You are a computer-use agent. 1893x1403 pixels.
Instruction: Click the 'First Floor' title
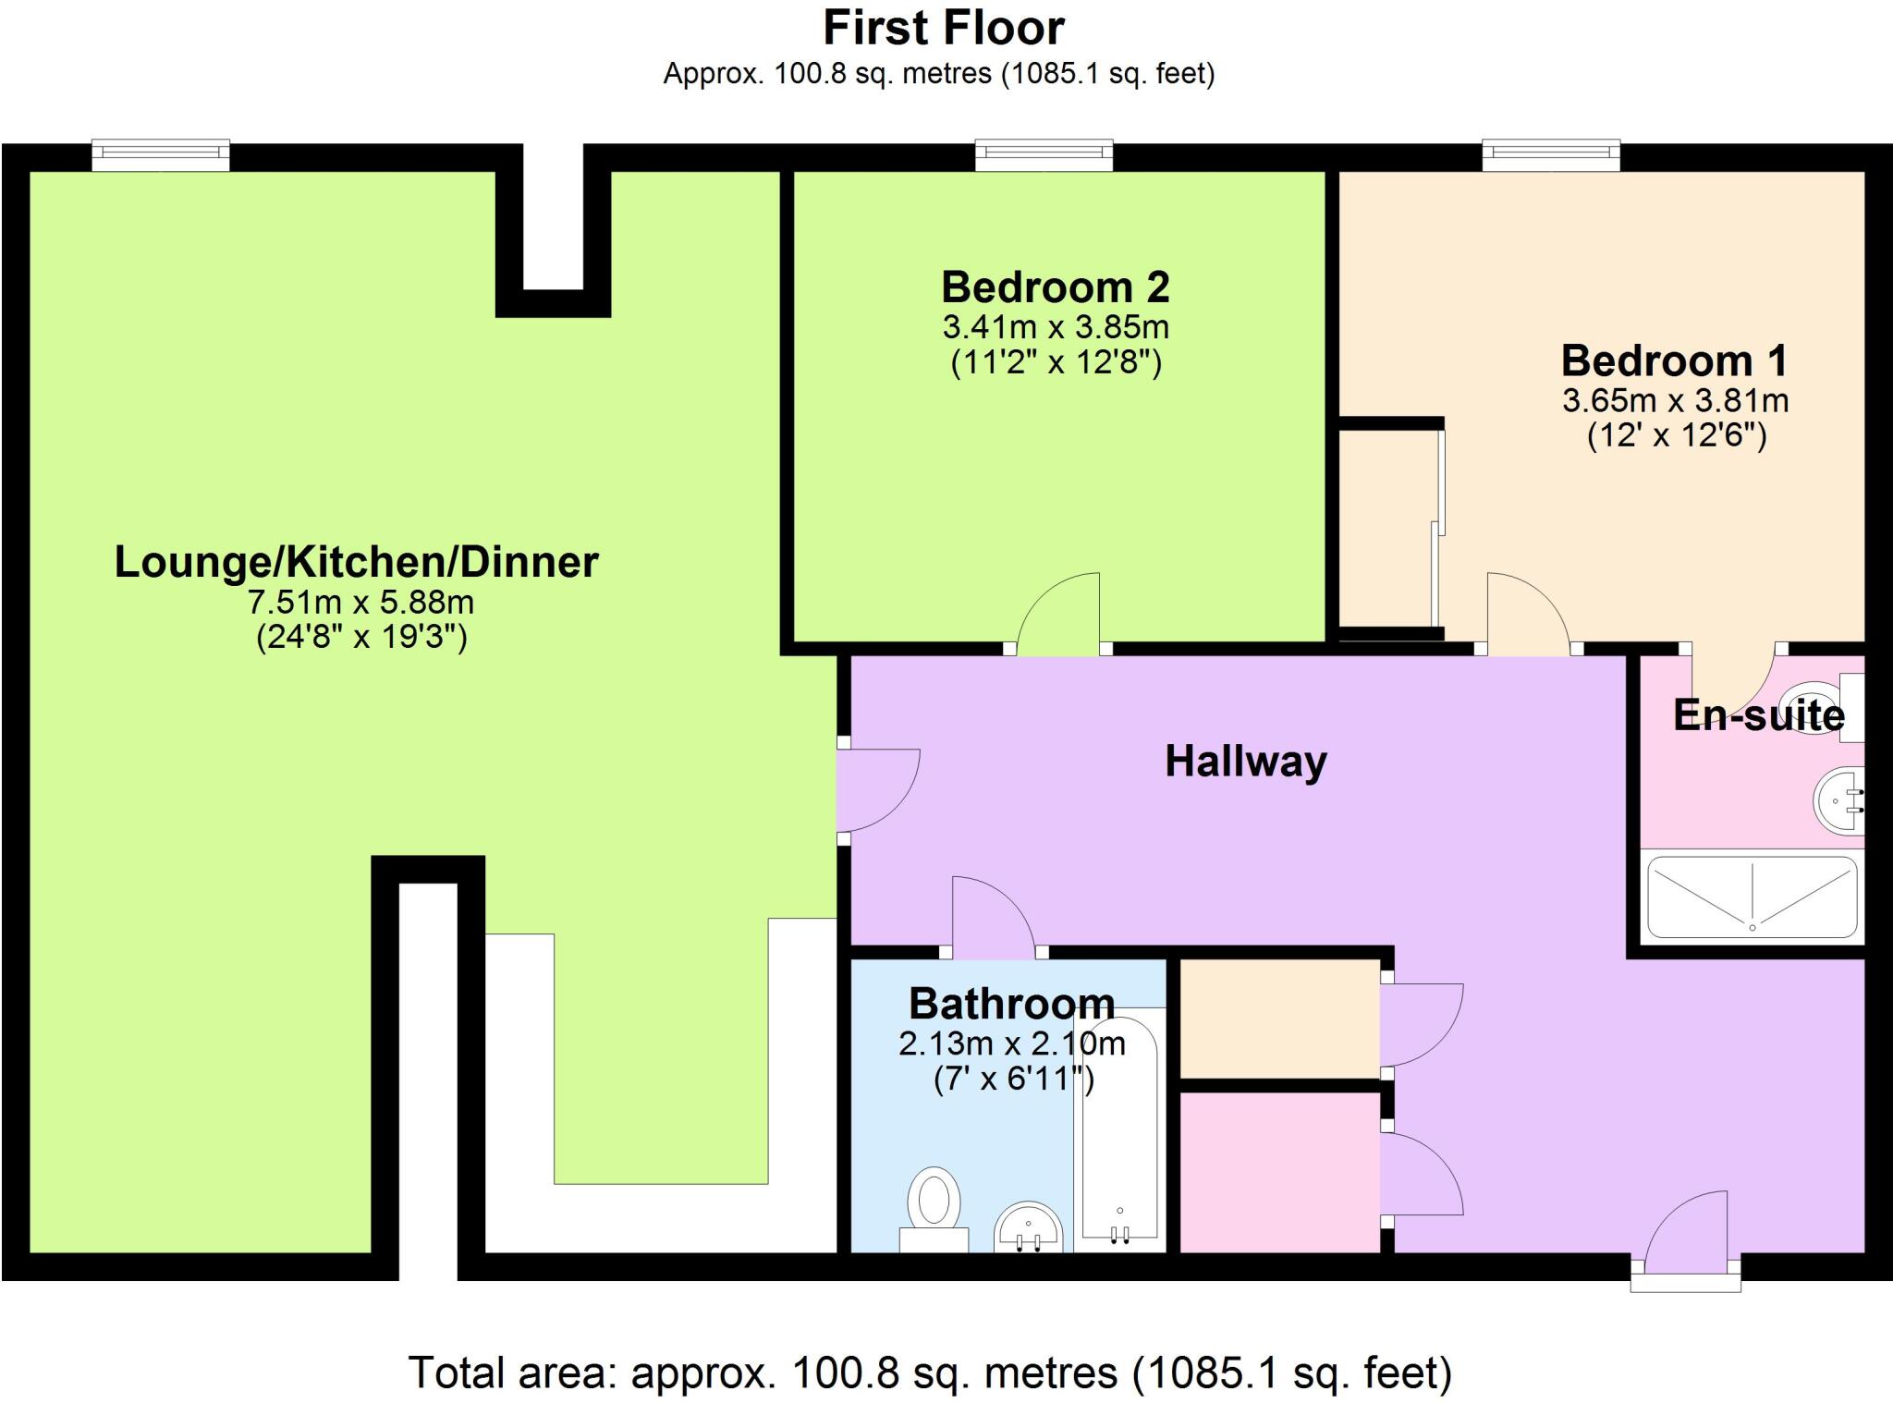[x=943, y=28]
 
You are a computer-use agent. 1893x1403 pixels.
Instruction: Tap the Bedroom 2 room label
[x=1055, y=287]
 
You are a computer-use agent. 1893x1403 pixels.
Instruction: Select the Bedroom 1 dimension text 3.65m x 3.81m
[x=1675, y=400]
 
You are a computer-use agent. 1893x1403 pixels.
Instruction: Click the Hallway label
[x=1245, y=762]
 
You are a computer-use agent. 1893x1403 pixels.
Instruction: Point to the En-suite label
[x=1758, y=715]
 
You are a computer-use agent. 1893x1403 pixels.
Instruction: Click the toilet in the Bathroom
[x=934, y=1204]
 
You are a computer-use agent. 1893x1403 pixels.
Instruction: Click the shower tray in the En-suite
[x=1752, y=898]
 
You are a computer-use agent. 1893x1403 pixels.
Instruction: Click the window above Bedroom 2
[x=1044, y=154]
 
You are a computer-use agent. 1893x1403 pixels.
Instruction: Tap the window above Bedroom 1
[x=1551, y=154]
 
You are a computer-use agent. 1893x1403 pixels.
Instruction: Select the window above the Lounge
[x=161, y=154]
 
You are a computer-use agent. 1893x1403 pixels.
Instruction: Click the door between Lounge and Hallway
[x=876, y=790]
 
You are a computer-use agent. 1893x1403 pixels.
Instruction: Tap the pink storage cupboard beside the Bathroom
[x=1280, y=1173]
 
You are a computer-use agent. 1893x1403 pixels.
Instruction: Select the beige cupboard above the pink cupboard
[x=1280, y=1018]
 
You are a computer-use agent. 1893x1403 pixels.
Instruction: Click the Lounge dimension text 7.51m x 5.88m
[x=360, y=603]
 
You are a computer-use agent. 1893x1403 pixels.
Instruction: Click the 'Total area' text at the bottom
[x=930, y=1372]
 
